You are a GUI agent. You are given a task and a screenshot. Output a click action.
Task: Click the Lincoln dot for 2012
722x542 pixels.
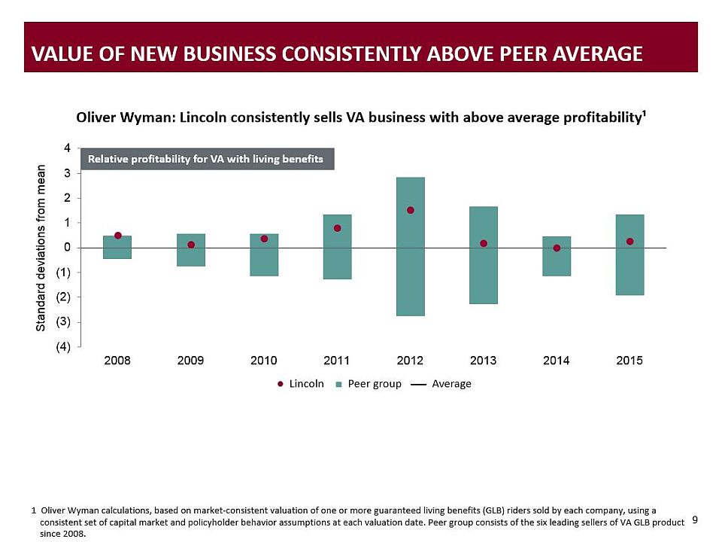pos(411,210)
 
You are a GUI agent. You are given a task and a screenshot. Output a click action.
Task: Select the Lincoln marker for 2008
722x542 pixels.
pos(118,236)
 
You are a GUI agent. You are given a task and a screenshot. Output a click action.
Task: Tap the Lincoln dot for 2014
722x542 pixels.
pos(557,248)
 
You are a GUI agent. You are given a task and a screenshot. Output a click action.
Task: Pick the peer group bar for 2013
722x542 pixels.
pos(484,271)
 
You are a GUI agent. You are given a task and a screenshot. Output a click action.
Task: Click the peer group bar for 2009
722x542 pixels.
pos(191,256)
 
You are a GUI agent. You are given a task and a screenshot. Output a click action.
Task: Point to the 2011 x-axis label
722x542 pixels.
pos(337,361)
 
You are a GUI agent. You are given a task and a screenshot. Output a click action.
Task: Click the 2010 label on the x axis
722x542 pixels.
pos(264,361)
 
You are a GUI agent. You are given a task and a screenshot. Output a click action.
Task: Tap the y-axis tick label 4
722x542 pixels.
pos(67,148)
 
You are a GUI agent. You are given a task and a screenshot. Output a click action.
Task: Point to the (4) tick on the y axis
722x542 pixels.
pos(65,347)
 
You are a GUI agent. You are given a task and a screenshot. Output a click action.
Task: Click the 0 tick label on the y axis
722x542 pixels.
pos(67,248)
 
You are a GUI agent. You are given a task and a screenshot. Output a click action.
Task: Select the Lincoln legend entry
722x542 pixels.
pos(301,384)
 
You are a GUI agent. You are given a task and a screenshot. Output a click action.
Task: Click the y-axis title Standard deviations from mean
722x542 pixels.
pos(41,248)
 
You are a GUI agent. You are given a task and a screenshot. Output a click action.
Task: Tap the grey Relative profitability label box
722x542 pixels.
pos(206,160)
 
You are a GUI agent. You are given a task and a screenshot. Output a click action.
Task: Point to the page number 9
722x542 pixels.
pos(695,519)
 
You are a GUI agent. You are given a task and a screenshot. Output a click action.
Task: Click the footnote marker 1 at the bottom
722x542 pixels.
pos(34,510)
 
